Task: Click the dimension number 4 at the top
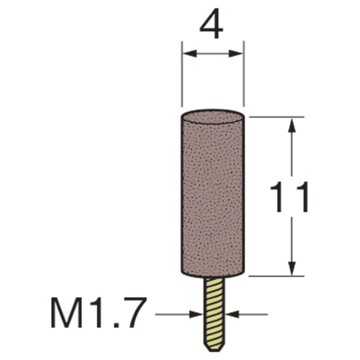point(211,23)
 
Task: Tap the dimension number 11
point(290,197)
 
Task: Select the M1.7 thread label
point(98,313)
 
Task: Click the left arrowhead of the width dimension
point(190,54)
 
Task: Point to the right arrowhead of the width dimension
point(236,54)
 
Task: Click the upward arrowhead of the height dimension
point(292,125)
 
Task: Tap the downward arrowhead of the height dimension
point(292,268)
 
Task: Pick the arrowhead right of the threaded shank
point(232,314)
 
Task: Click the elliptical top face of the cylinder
point(213,117)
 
